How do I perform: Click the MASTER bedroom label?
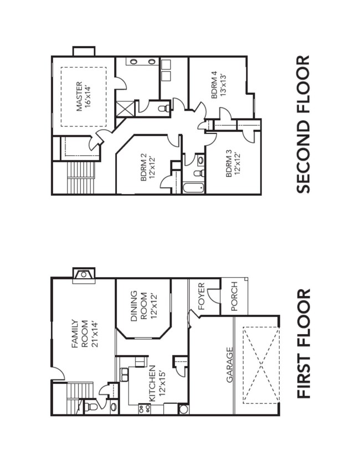click(x=83, y=97)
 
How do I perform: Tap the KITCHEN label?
click(x=156, y=383)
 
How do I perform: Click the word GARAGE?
click(x=229, y=365)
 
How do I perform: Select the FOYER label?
click(x=201, y=297)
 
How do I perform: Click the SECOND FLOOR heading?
click(x=303, y=124)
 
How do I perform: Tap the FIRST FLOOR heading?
click(x=303, y=344)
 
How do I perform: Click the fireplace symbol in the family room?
click(x=84, y=273)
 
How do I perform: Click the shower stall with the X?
click(x=125, y=107)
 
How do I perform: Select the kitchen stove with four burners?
click(x=145, y=409)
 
